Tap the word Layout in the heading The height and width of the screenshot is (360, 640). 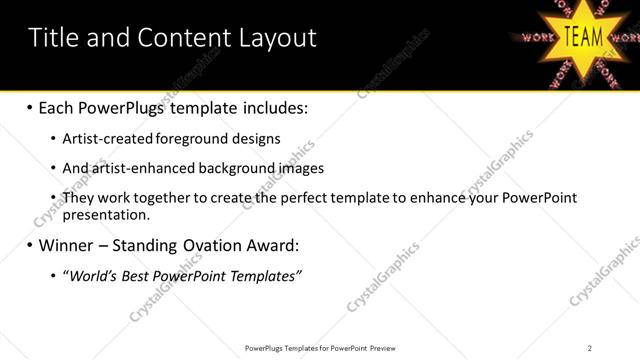pyautogui.click(x=277, y=38)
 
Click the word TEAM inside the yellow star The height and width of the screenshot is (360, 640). pyautogui.click(x=584, y=37)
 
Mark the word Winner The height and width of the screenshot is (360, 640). pyautogui.click(x=68, y=245)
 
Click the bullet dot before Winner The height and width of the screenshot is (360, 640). pyautogui.click(x=29, y=245)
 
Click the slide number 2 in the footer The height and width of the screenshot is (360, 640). pyautogui.click(x=589, y=348)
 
